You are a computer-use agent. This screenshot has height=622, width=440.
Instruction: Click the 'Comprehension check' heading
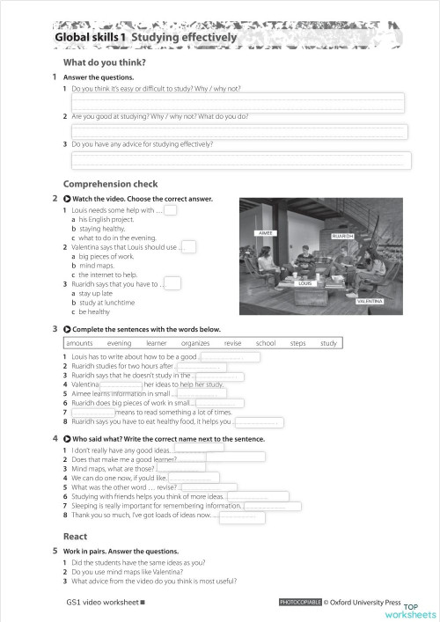point(110,185)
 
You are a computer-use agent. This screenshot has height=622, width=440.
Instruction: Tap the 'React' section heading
point(75,536)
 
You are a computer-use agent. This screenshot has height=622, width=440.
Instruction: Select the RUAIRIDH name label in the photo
point(342,237)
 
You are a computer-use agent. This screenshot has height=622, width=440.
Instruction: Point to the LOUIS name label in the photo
point(305,283)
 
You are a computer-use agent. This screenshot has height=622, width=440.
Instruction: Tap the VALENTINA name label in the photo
point(370,302)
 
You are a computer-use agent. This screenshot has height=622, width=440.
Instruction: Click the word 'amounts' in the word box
point(79,343)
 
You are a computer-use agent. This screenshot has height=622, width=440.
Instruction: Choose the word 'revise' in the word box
point(232,343)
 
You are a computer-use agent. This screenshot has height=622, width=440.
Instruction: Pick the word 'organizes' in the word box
point(195,343)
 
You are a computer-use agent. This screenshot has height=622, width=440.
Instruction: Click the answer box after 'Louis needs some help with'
point(171,210)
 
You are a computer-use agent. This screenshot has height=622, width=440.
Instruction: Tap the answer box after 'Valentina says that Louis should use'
point(188,246)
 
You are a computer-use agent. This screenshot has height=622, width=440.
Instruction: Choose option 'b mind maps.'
point(99,265)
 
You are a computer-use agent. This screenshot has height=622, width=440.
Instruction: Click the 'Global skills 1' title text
point(91,39)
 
